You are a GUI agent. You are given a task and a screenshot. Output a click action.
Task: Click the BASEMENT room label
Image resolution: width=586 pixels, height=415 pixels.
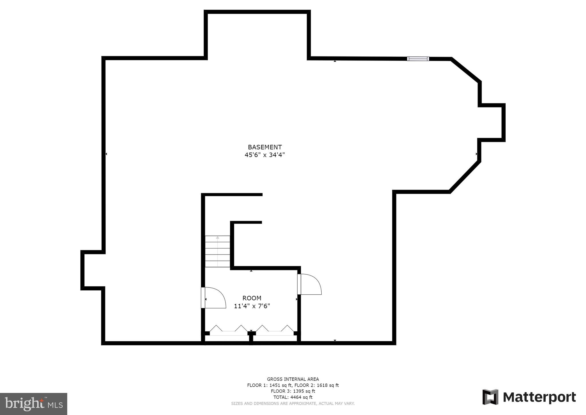click(x=265, y=147)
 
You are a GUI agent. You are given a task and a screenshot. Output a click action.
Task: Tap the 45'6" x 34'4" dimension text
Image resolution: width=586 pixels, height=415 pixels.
click(x=265, y=155)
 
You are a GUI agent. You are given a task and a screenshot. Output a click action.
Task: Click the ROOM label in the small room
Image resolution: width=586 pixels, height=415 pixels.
click(x=252, y=298)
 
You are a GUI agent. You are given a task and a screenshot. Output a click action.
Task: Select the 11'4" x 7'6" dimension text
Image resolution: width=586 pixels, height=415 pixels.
click(x=252, y=306)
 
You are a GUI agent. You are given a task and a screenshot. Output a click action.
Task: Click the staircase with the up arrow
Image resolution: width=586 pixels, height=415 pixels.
click(x=217, y=251)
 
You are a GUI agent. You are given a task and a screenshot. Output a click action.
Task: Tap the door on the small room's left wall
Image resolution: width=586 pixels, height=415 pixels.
click(x=213, y=298)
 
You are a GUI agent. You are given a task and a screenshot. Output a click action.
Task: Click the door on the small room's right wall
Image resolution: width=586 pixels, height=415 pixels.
click(x=309, y=284)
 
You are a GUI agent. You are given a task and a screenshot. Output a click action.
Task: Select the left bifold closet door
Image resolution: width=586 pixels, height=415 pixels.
click(x=228, y=330)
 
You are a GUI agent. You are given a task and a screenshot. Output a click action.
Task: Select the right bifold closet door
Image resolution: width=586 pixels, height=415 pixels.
click(x=275, y=330)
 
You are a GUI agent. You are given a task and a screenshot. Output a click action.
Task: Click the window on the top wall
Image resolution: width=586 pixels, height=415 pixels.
click(x=418, y=59)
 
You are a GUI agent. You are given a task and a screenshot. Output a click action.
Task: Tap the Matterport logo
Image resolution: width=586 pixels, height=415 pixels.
click(x=529, y=397)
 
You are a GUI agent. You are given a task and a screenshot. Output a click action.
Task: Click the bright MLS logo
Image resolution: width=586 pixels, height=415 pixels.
click(x=33, y=404)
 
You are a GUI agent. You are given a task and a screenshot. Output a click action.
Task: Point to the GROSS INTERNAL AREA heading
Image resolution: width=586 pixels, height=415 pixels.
click(x=293, y=379)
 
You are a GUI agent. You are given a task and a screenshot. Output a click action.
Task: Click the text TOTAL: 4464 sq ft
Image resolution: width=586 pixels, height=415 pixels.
click(x=293, y=397)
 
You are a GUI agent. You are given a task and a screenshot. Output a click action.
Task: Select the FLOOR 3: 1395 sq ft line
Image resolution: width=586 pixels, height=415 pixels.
click(x=293, y=391)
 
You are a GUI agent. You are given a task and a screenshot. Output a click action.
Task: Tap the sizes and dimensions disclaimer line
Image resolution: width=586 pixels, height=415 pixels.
click(x=293, y=404)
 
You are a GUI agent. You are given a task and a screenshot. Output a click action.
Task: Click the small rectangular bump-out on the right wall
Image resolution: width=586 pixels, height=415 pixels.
click(x=492, y=123)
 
